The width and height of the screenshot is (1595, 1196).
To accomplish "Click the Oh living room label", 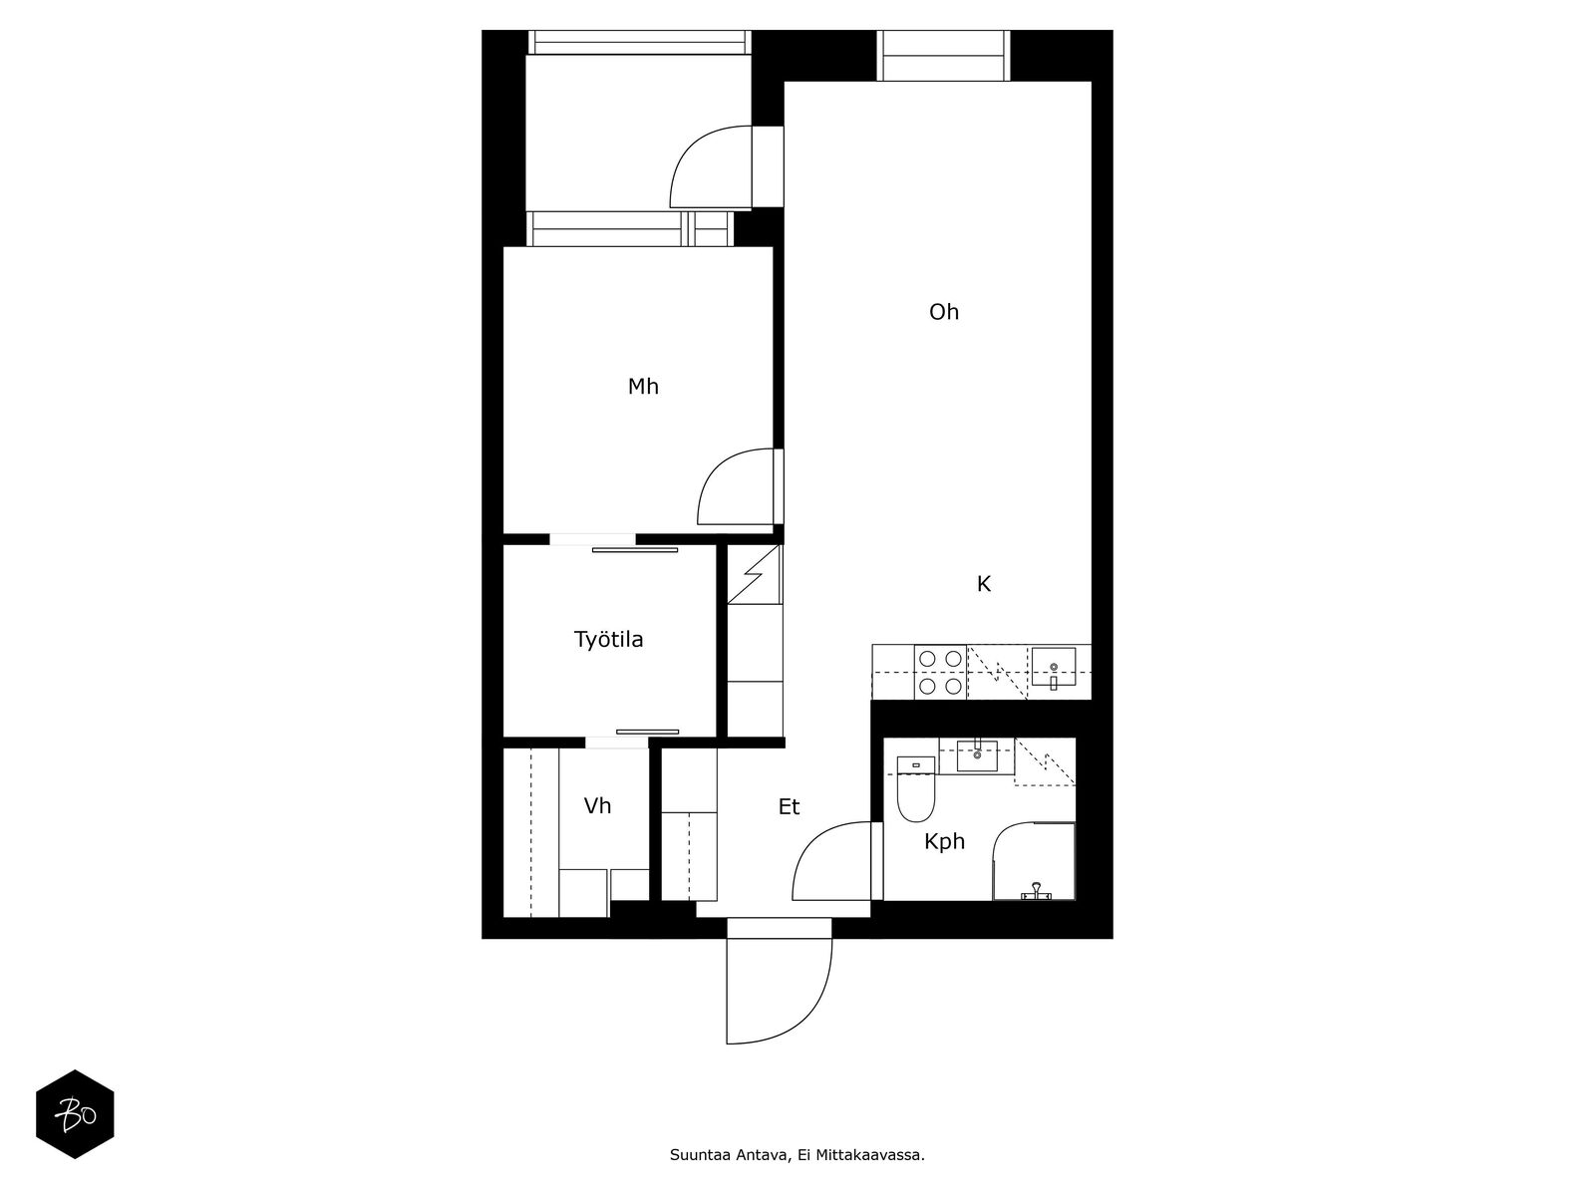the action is tap(943, 312).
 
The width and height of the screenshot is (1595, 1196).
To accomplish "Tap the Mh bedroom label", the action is tap(643, 387).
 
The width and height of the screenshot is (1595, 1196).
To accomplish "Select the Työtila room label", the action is tap(608, 639).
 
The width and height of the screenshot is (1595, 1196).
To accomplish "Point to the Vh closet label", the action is tap(597, 805).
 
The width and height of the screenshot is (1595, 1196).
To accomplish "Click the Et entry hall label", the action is tap(789, 806).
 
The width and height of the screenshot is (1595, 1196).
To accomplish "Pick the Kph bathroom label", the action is tap(944, 841).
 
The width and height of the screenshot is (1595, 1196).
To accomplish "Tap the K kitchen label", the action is tap(983, 584).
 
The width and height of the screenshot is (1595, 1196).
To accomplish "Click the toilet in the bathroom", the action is tap(915, 788).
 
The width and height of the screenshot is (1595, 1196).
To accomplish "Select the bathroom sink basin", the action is tap(977, 756).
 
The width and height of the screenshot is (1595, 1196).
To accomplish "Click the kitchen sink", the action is tap(1053, 667).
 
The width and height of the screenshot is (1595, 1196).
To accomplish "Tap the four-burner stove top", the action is tap(940, 672).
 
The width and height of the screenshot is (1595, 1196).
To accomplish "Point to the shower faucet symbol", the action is tap(1036, 890).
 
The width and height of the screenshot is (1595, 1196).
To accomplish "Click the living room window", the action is tap(943, 55).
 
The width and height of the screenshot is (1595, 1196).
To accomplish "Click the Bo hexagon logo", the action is tap(75, 1114).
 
